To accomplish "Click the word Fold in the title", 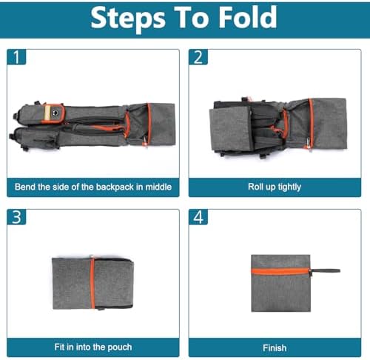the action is point(248,17).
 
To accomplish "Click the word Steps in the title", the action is point(128,19).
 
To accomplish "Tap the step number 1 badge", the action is point(16,57).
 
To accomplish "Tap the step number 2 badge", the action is point(198,57).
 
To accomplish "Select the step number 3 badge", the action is point(16,217).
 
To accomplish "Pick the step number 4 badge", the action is point(198,217).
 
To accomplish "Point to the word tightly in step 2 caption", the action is point(289,187).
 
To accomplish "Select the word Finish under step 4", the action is point(275,348).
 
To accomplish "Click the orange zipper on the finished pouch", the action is point(280,271).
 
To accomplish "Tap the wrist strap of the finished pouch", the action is point(325,271).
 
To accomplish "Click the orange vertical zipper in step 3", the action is point(92,283).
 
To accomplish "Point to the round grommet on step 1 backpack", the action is point(55,113).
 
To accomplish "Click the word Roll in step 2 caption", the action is point(255,187).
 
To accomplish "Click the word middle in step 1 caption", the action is point(158,187).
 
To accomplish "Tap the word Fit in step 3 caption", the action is point(59,347).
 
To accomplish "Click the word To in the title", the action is point(192,17).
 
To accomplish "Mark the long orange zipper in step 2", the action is point(311,124).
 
